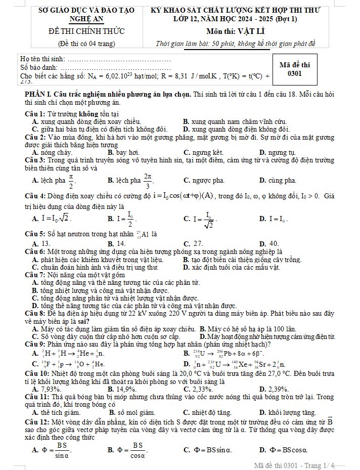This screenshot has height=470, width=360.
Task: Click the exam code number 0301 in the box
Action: coord(294,74)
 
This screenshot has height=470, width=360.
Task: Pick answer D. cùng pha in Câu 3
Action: coord(278,181)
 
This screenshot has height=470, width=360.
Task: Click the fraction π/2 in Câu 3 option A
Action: coord(71,181)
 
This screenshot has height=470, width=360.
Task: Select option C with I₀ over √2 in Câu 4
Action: coord(202,219)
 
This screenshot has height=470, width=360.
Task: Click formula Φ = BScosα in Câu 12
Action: coord(283,449)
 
